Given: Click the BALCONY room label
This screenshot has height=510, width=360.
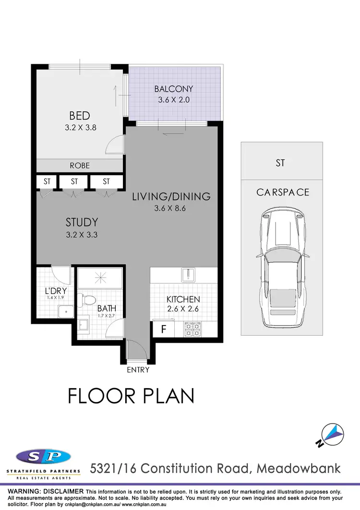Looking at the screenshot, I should point(173,89).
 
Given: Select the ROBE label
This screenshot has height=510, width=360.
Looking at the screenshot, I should point(80,165).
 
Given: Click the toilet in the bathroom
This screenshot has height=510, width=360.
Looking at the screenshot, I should point(87,299).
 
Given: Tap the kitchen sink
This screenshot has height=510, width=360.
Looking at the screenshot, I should point(187,275).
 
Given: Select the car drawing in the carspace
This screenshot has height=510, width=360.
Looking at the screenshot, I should point(281,269).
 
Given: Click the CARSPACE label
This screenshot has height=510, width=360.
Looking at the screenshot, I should point(283,192).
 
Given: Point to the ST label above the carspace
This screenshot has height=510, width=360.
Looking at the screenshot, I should point(280,163).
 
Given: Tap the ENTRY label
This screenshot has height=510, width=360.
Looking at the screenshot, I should point(138,370).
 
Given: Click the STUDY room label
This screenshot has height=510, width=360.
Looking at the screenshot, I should point(82,222).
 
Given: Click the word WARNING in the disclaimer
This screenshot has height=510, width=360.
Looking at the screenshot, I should point(28,492).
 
